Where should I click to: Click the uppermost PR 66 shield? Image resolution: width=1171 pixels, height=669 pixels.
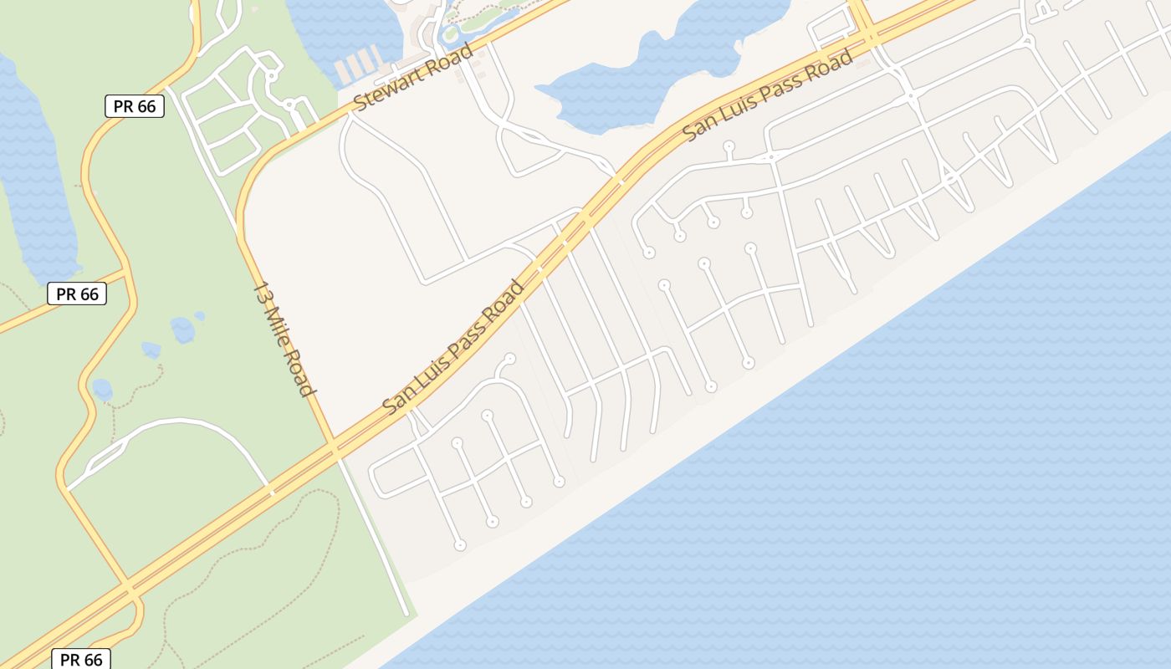pos(134,106)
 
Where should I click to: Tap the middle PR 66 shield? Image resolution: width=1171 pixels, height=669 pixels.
pos(77,294)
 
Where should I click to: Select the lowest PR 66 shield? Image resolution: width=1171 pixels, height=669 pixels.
pos(81,659)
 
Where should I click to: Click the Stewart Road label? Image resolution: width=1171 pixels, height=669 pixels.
pos(413,76)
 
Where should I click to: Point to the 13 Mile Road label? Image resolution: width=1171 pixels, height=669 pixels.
pos(284,339)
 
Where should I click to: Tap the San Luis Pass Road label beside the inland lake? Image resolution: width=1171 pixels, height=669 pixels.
pos(769,94)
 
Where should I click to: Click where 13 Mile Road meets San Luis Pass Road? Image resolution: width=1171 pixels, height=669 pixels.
pos(334,446)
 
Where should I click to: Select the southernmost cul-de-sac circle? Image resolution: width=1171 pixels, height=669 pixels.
pos(459,545)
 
